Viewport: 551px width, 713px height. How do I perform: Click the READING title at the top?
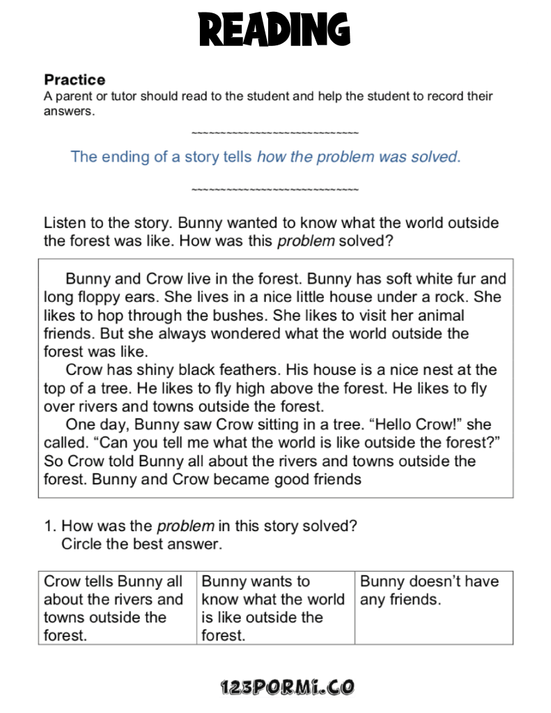pyautogui.click(x=274, y=30)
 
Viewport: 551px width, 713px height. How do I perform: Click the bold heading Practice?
pyautogui.click(x=75, y=79)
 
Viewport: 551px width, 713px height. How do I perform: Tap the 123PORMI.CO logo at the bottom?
pyautogui.click(x=286, y=687)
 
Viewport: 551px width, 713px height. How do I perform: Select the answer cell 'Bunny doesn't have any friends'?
pyautogui.click(x=433, y=591)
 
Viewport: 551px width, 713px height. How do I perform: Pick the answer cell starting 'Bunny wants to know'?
pyautogui.click(x=274, y=608)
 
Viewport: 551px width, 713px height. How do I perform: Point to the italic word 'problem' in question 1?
pyautogui.click(x=185, y=526)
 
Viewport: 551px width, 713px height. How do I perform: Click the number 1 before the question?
pyautogui.click(x=48, y=526)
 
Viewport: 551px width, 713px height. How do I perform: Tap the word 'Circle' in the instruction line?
pyautogui.click(x=81, y=544)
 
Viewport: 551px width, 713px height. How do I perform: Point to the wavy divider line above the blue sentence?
pyautogui.click(x=274, y=132)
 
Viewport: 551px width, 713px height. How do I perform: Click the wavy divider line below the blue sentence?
pyautogui.click(x=274, y=190)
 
